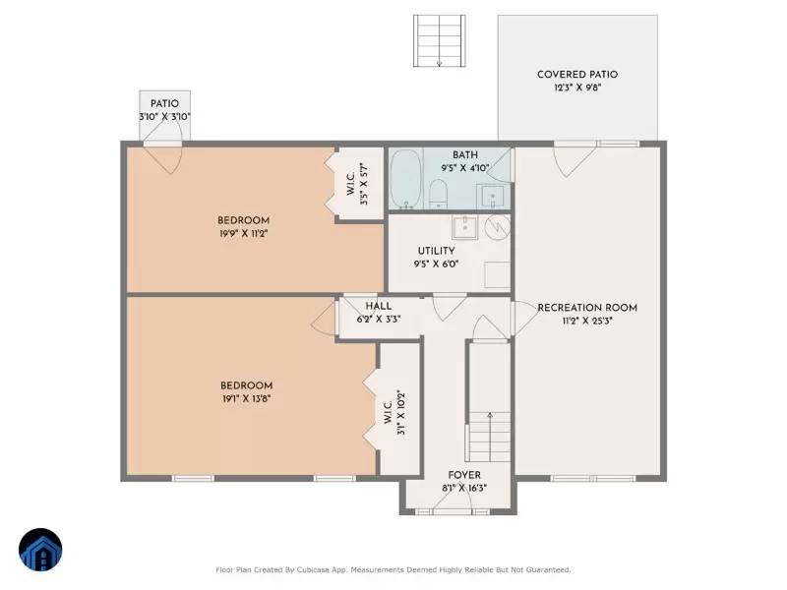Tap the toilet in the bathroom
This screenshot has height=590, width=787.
click(440, 191)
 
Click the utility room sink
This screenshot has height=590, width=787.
click(463, 228)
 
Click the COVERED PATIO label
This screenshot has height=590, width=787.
click(577, 75)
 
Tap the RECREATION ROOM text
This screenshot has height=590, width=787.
click(587, 308)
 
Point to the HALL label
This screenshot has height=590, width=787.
click(378, 306)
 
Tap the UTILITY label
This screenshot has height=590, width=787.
click(436, 251)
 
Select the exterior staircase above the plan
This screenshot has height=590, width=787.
click(439, 40)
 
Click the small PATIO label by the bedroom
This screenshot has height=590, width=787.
click(164, 103)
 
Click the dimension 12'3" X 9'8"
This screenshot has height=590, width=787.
click(577, 88)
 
